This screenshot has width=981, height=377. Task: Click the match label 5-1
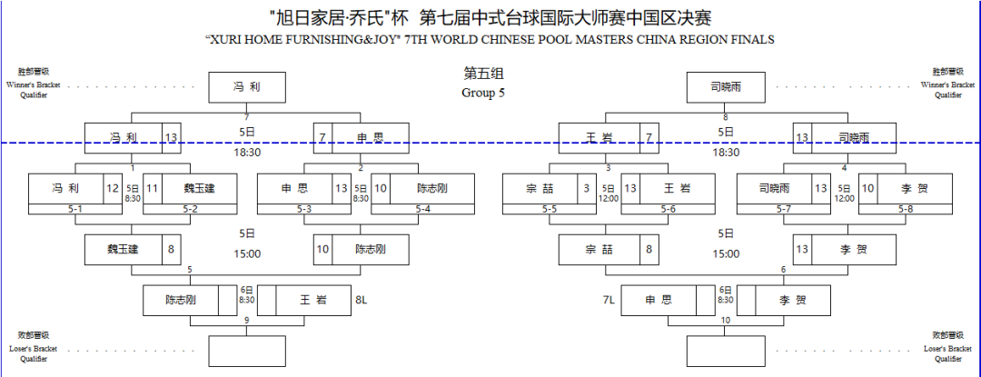tap(75, 210)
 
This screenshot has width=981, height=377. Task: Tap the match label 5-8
tap(905, 210)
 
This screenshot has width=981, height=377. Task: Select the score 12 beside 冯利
tap(112, 189)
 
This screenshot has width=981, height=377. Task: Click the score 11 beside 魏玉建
tap(153, 189)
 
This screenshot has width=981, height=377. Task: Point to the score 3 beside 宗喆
tap(587, 189)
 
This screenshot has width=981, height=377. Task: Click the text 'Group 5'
tap(483, 93)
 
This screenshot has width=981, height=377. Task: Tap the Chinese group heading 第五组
tap(483, 73)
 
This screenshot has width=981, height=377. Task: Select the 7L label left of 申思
tap(609, 299)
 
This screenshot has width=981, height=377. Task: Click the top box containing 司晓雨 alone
tap(726, 88)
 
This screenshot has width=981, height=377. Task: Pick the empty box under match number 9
tap(246, 351)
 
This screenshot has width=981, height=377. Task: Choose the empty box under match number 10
tap(726, 351)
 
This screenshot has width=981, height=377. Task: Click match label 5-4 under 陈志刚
tap(423, 210)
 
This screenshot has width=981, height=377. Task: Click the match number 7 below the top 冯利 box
tap(246, 117)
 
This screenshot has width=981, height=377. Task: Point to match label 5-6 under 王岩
tap(669, 210)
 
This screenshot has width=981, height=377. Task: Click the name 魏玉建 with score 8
tap(124, 249)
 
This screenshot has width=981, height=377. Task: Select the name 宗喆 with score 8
tap(598, 249)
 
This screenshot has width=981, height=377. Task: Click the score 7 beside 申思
tap(322, 138)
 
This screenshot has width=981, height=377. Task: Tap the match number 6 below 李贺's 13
tap(783, 270)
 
